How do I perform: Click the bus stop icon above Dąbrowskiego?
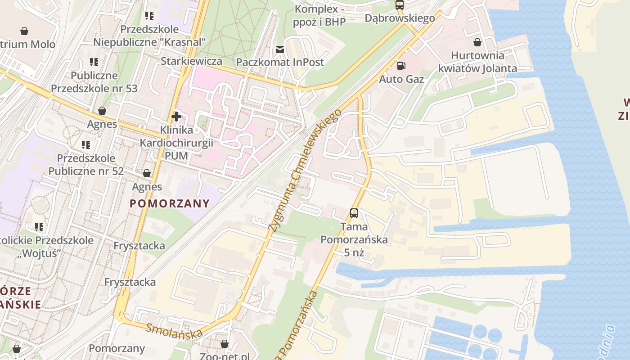tap(399, 5)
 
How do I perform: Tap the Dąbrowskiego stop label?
tap(400, 18)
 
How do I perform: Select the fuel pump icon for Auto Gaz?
tap(400, 66)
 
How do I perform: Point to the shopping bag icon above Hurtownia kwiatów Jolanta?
tap(477, 42)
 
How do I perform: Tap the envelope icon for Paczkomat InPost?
tap(280, 49)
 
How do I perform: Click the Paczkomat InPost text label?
tap(280, 62)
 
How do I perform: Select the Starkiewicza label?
tap(191, 61)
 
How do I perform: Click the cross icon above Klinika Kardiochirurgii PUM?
tap(176, 117)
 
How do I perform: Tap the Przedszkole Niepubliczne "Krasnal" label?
tap(149, 36)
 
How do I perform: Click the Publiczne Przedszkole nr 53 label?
tap(94, 81)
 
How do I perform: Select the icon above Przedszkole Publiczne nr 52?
tap(85, 145)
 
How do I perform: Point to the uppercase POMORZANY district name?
tap(170, 203)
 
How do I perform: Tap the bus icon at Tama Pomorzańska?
tap(354, 213)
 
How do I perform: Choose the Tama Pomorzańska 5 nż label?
tap(354, 239)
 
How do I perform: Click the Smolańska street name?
tap(174, 331)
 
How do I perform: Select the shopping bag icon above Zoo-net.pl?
tap(225, 344)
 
